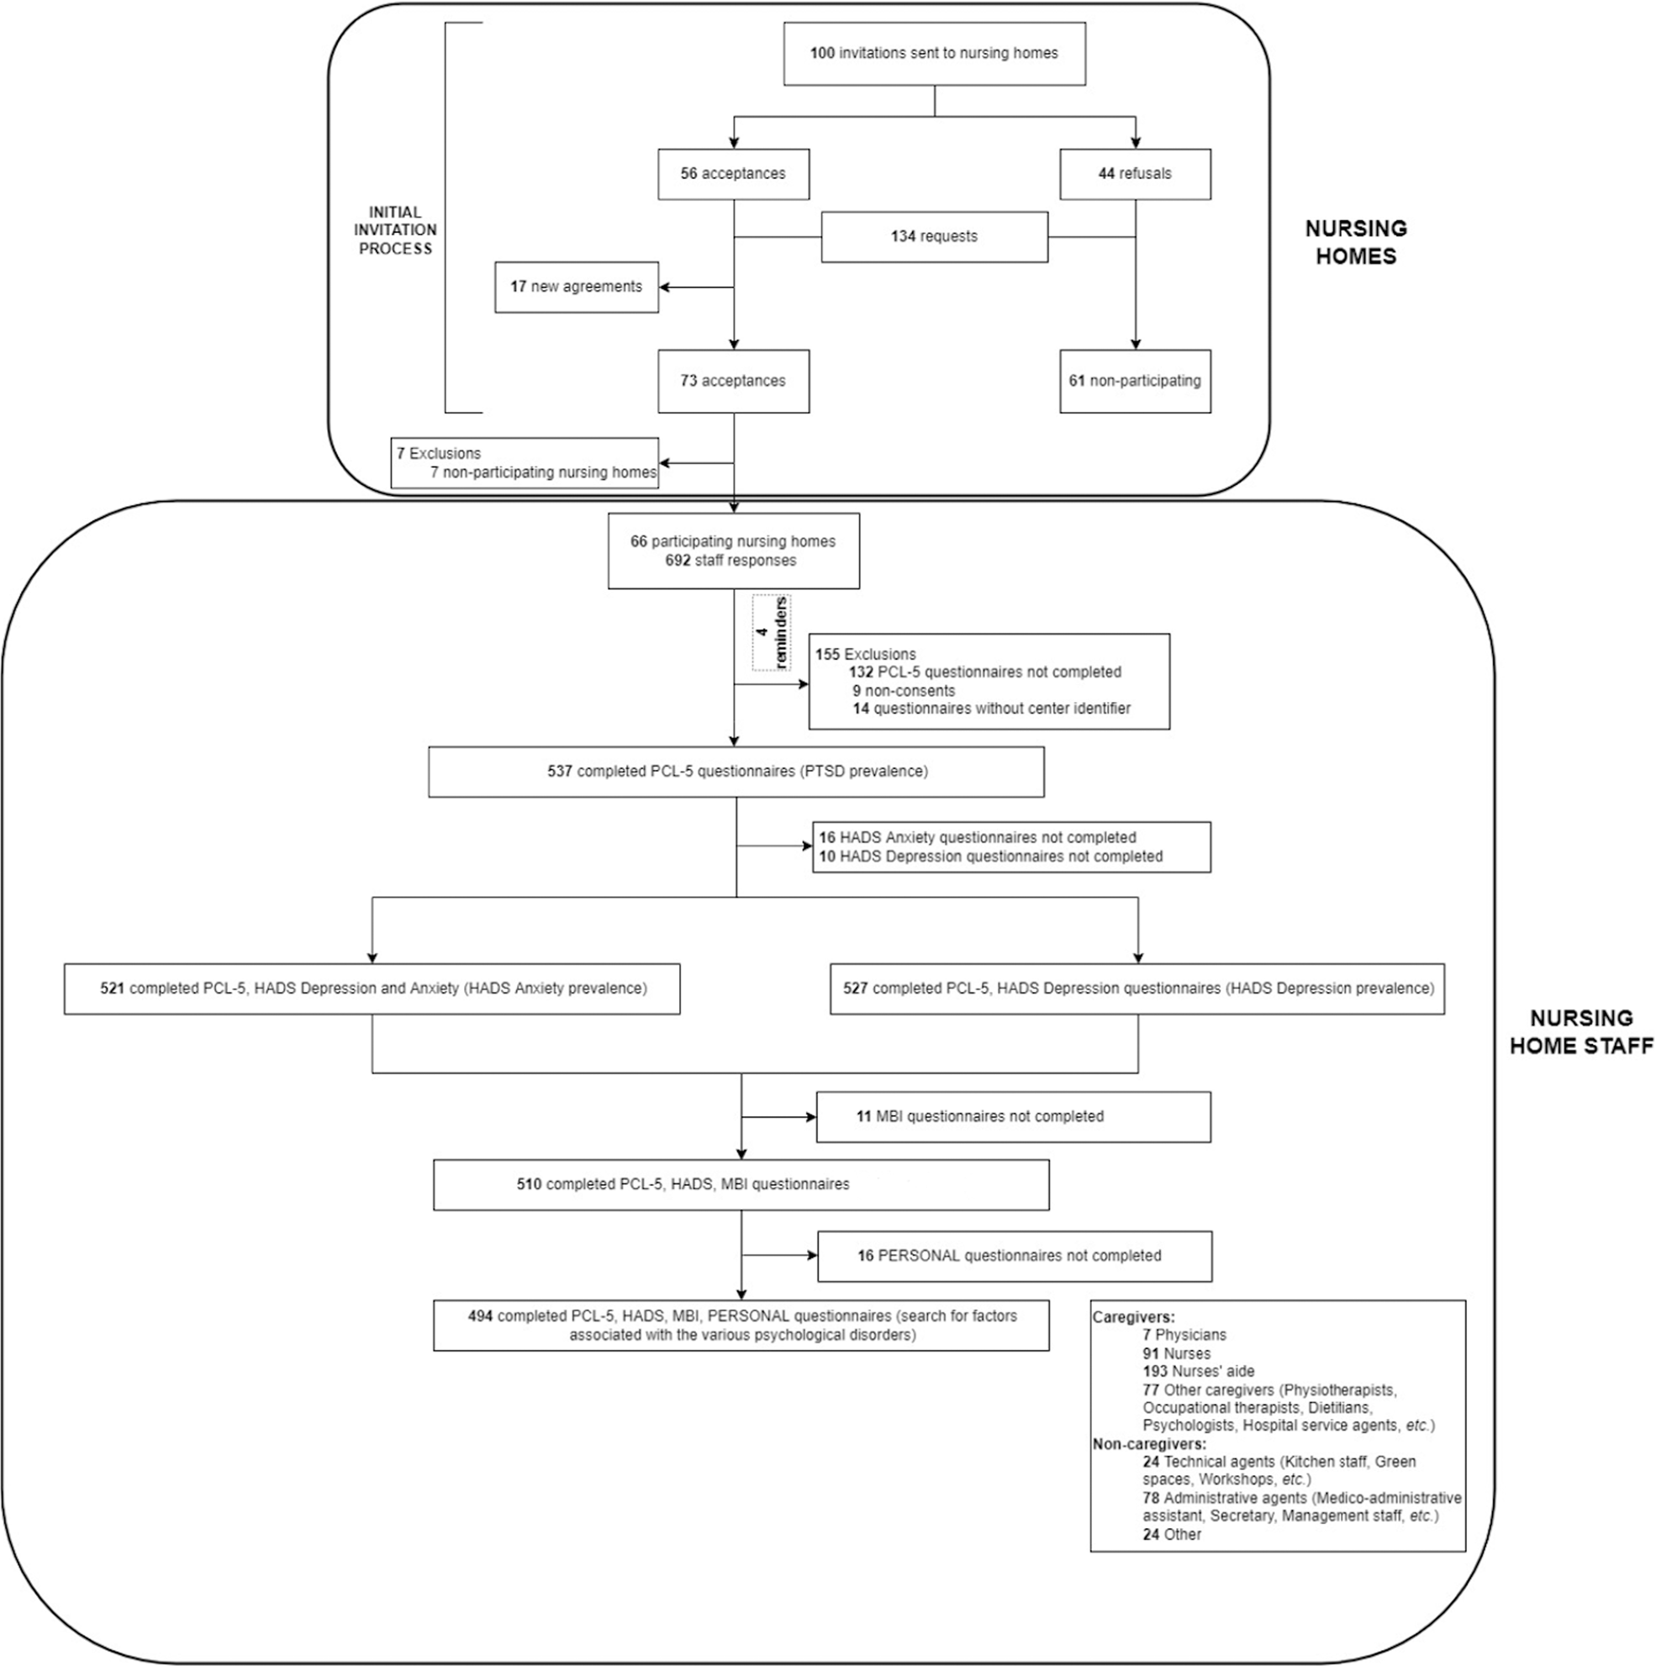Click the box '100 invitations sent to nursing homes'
point(934,54)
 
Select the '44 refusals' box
point(1134,173)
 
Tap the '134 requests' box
point(934,236)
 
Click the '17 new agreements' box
point(576,287)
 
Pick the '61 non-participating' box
point(1134,380)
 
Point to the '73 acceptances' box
point(733,380)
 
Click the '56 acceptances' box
point(733,173)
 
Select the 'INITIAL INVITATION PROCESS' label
point(397,230)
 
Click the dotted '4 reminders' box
point(771,632)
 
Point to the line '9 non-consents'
point(903,690)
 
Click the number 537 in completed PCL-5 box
point(560,771)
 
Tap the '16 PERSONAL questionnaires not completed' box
point(1014,1256)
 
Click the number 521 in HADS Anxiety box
point(112,989)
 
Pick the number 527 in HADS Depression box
point(856,989)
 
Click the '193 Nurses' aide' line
point(1198,1371)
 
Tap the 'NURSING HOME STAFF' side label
point(1581,1031)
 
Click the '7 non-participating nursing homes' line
point(543,472)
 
